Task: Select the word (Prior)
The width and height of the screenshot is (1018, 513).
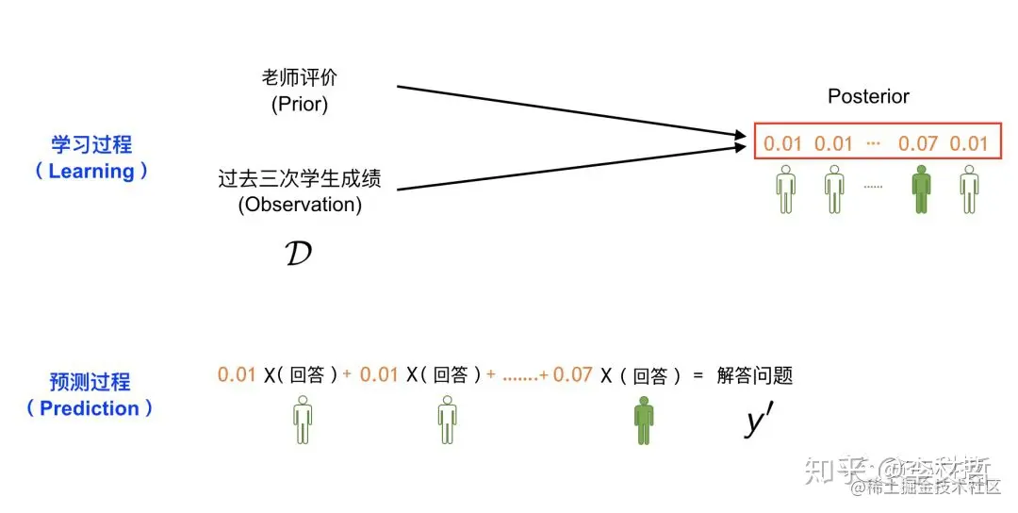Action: [x=299, y=105]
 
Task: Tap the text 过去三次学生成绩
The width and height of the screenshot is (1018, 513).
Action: [x=299, y=178]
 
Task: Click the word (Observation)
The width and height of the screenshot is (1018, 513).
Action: [x=299, y=205]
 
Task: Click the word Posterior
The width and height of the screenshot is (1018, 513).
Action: [x=868, y=96]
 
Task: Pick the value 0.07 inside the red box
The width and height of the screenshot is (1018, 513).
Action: [x=917, y=144]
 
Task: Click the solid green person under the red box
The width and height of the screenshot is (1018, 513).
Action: [x=921, y=189]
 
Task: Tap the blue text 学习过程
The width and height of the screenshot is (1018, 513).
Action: [x=91, y=144]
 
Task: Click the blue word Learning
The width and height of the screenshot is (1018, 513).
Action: [x=91, y=172]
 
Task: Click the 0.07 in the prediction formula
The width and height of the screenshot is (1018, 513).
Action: [x=572, y=375]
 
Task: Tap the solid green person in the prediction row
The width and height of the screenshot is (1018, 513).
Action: [x=643, y=421]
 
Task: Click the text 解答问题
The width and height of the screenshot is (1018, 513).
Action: [x=754, y=375]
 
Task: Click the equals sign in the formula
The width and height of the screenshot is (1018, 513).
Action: [x=698, y=375]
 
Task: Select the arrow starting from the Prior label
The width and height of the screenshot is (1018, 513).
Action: [x=566, y=114]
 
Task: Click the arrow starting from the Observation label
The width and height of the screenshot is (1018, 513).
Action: [x=566, y=169]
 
